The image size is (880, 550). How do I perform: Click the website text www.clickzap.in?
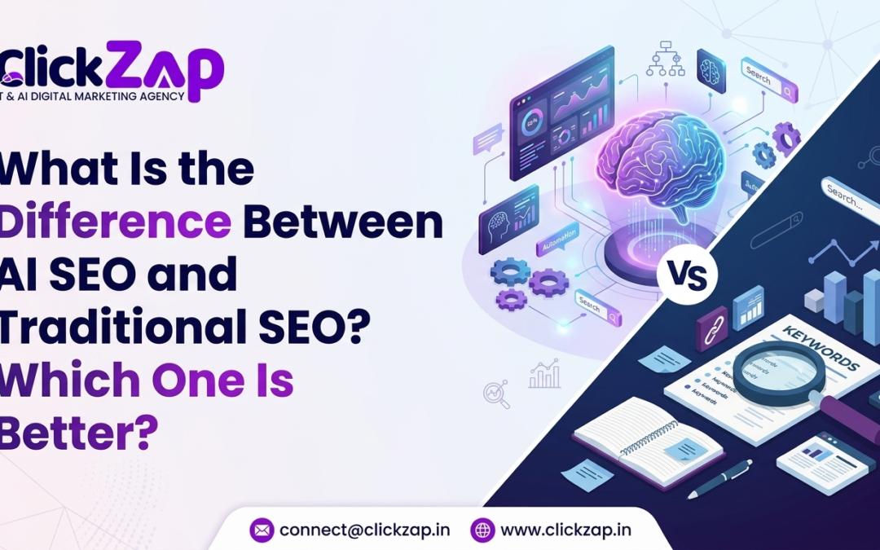[x=565, y=530]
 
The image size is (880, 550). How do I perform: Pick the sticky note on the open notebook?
[x=683, y=447]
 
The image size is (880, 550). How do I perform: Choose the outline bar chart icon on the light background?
[x=544, y=376]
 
